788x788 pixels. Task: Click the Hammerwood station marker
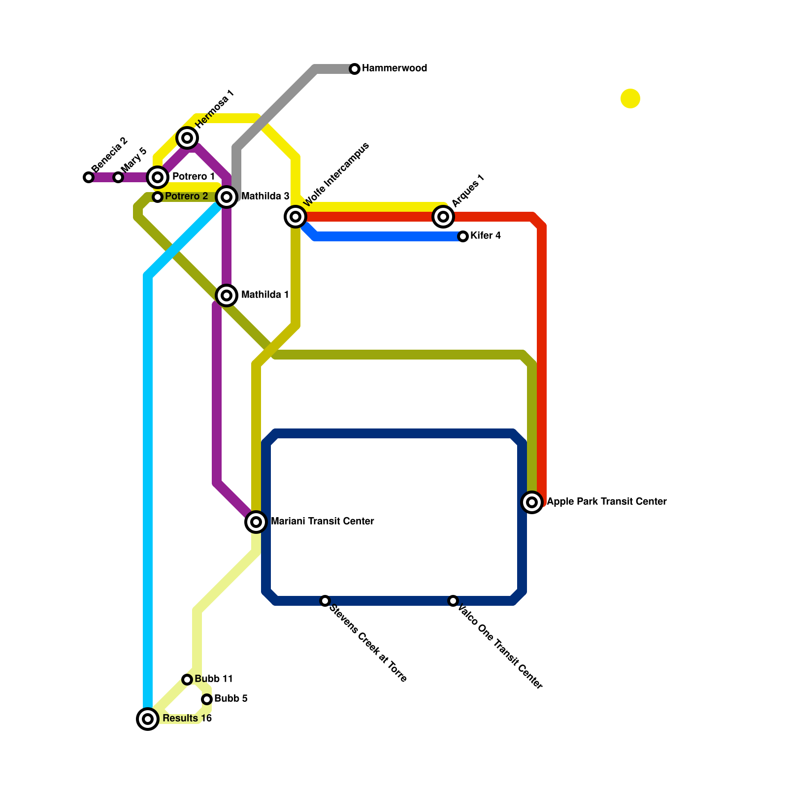[355, 69]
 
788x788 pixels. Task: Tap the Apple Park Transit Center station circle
[532, 502]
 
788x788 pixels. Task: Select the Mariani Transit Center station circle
[256, 522]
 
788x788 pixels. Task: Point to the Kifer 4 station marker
[463, 236]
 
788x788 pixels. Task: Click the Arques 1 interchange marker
[443, 217]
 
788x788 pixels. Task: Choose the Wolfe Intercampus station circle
[295, 217]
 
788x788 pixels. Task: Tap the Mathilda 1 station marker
[227, 295]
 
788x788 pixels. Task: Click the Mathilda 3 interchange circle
[227, 197]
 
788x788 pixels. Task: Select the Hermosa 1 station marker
[187, 138]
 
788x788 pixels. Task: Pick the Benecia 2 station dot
[89, 177]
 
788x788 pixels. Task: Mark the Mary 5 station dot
[118, 177]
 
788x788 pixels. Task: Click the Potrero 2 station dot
[158, 197]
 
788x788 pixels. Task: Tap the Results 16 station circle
[148, 719]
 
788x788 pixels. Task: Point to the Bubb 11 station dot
[187, 680]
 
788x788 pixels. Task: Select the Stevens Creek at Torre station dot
[325, 601]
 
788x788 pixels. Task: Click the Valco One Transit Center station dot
[453, 601]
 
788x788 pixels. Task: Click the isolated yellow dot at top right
[630, 98]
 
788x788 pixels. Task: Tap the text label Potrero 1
[193, 177]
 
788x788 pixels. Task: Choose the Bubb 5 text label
[231, 699]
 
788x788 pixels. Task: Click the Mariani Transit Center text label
[322, 522]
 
